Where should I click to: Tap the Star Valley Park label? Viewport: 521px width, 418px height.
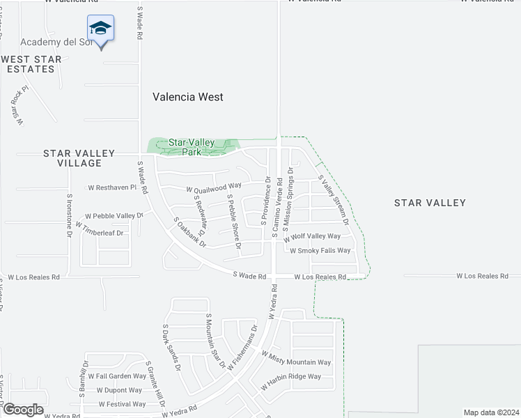coord(192,147)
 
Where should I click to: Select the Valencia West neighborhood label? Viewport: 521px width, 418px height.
coord(188,98)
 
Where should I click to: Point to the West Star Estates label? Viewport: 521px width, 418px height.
coord(31,64)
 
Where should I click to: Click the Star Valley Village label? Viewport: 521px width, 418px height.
coord(72,158)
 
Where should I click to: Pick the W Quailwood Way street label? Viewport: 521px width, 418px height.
coord(213,186)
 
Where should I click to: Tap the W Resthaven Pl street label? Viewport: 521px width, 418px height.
coord(112,187)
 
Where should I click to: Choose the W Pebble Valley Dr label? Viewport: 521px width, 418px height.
coord(114,216)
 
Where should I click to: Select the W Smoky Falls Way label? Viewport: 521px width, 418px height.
coord(320,251)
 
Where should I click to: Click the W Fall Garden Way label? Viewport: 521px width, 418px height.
coord(112,376)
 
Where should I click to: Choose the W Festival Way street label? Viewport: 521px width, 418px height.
coord(122,404)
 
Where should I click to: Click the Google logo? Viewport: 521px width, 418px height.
coord(23,410)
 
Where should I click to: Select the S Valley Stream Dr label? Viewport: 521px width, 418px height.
coord(333,200)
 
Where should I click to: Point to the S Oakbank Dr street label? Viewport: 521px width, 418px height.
coord(190,233)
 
